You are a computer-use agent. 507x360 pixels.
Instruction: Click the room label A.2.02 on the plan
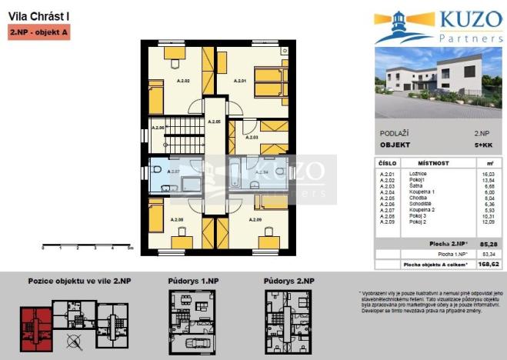[x=183, y=80]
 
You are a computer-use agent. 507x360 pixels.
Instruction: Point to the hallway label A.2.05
[x=215, y=122]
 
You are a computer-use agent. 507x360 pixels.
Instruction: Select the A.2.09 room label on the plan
[x=255, y=220]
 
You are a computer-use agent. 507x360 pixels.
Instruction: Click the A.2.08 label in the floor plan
[x=177, y=220]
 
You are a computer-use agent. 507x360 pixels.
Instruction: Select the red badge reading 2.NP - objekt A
[x=39, y=33]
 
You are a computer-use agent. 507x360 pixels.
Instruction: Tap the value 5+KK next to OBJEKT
[x=479, y=144]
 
